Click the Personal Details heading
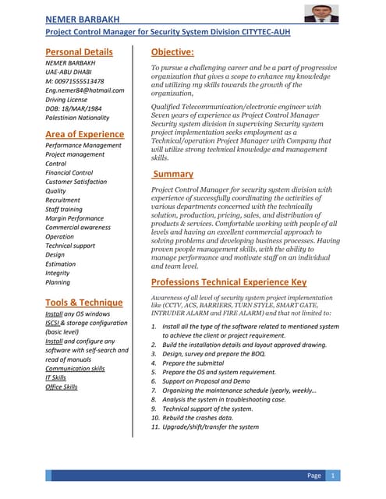[x=79, y=52]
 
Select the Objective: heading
[x=172, y=52]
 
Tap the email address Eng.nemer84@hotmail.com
[x=85, y=90]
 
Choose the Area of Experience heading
[x=85, y=134]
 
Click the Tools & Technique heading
[x=83, y=303]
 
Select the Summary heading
[x=172, y=174]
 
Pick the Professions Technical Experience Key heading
[x=228, y=282]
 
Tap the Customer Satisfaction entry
[x=76, y=182]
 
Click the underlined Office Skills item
[x=62, y=387]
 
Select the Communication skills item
[x=75, y=369]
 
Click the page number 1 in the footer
[x=334, y=476]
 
